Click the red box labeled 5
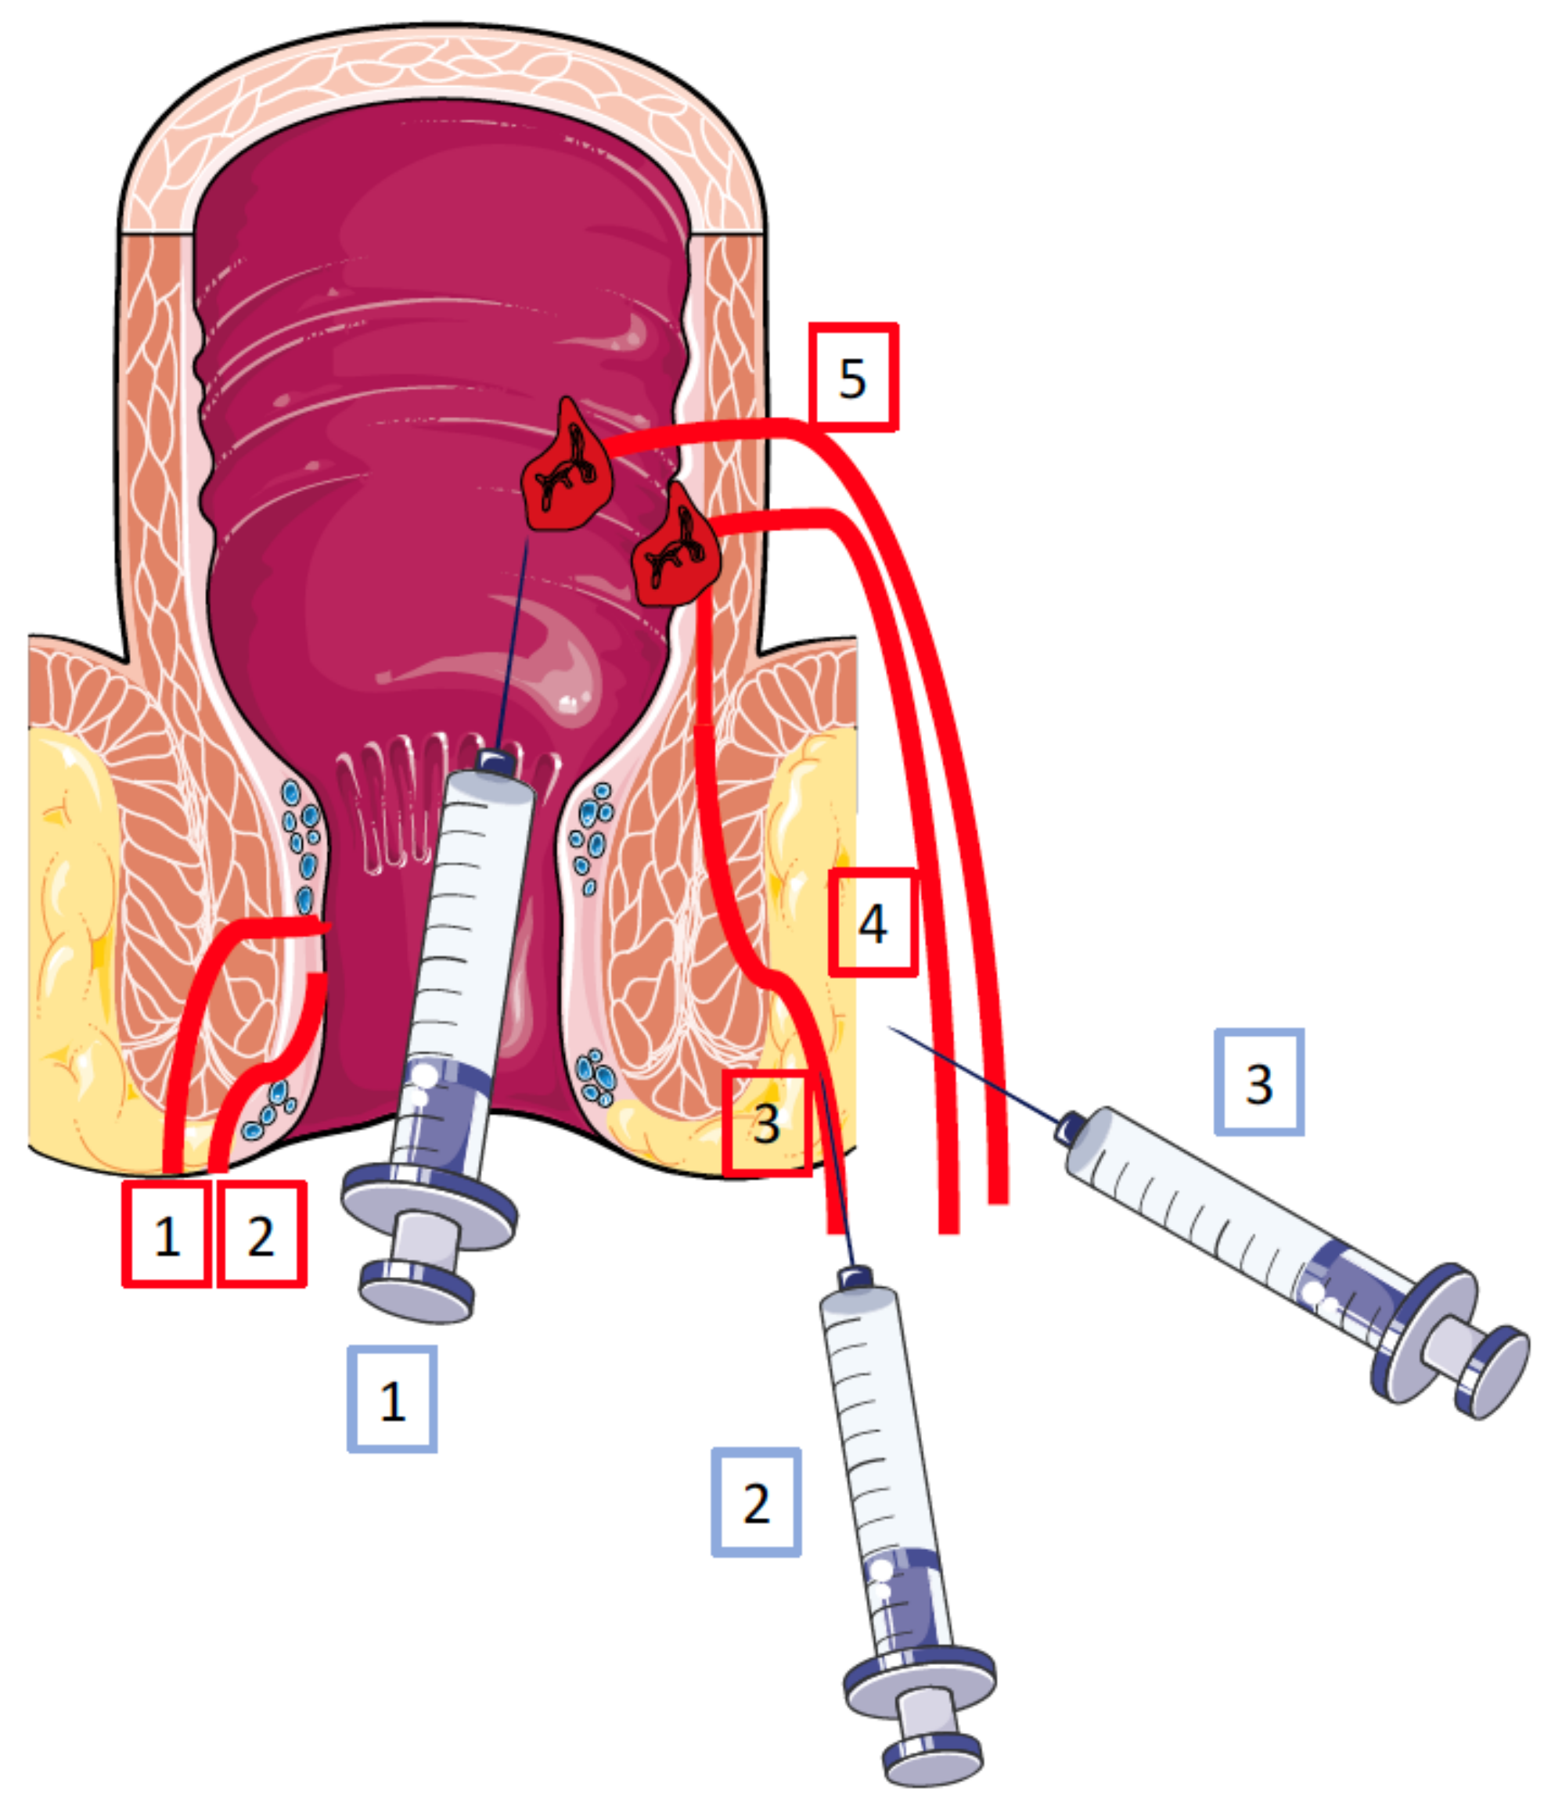pyautogui.click(x=853, y=377)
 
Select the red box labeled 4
pyautogui.click(x=873, y=922)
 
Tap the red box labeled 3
pyautogui.click(x=766, y=1123)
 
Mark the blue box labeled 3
pyautogui.click(x=1259, y=1083)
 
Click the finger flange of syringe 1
pyautogui.click(x=429, y=1207)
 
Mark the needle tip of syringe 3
pyautogui.click(x=891, y=1027)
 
